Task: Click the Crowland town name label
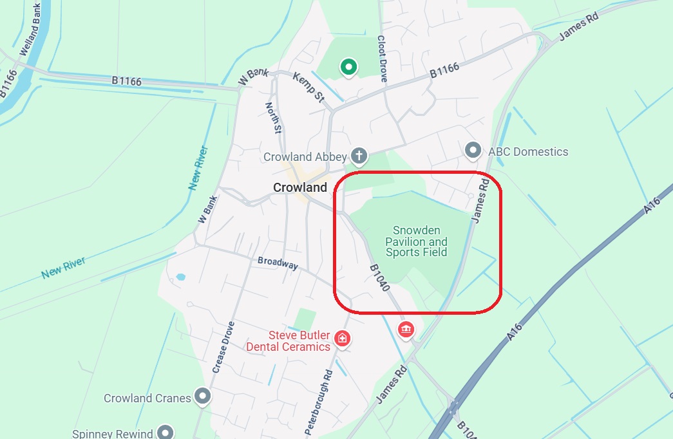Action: [300, 187]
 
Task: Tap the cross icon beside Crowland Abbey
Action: [359, 156]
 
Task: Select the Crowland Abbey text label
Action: [305, 157]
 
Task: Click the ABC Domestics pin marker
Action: [473, 151]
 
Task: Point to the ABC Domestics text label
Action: [528, 152]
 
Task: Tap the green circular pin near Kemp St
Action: [348, 66]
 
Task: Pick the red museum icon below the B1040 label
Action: [406, 330]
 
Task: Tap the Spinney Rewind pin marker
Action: [166, 432]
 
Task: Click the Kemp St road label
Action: [308, 87]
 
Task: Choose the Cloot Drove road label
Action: [382, 59]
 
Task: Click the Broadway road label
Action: [278, 263]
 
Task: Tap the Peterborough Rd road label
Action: [319, 400]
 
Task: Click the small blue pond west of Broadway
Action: [180, 277]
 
